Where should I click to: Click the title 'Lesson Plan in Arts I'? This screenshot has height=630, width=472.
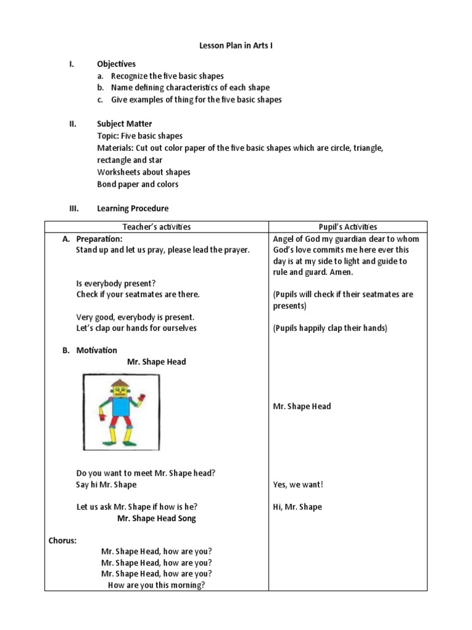235,46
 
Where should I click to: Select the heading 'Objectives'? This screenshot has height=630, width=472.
116,64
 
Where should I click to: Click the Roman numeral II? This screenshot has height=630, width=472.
72,124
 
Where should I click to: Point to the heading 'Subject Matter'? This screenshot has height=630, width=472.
124,124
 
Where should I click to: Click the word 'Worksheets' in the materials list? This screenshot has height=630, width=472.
119,172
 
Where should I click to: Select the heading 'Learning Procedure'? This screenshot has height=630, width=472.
132,209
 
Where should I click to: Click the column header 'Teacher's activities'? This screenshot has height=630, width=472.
157,226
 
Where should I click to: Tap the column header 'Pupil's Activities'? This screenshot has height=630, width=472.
348,226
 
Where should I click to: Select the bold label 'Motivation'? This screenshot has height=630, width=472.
96,350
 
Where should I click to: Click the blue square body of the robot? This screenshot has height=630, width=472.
120,409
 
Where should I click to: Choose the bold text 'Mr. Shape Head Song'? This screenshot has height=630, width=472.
157,518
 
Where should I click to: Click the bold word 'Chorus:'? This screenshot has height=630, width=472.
63,541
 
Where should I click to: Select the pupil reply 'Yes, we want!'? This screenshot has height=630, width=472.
298,485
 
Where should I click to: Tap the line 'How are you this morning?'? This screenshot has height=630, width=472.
156,585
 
